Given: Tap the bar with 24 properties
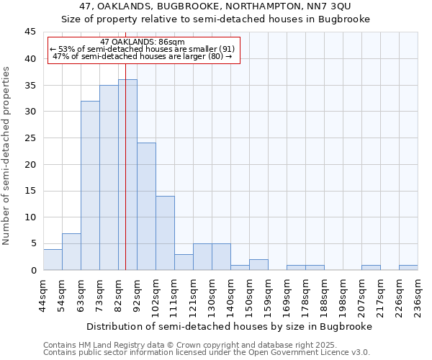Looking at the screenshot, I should click(146, 207).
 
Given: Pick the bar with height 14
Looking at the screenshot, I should click(165, 233).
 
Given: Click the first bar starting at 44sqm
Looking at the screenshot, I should click(53, 260).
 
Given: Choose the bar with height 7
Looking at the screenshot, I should click(71, 252).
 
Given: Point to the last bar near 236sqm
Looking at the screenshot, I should click(408, 268).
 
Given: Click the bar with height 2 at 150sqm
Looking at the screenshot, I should click(258, 265).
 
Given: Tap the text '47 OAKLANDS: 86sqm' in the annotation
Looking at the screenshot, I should click(143, 42).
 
